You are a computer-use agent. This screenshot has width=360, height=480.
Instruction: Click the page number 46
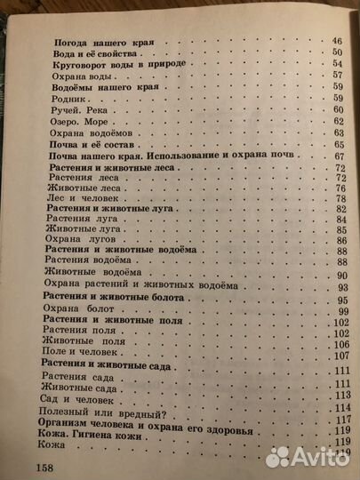point(337,42)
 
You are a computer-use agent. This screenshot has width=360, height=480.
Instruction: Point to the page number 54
point(337,65)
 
